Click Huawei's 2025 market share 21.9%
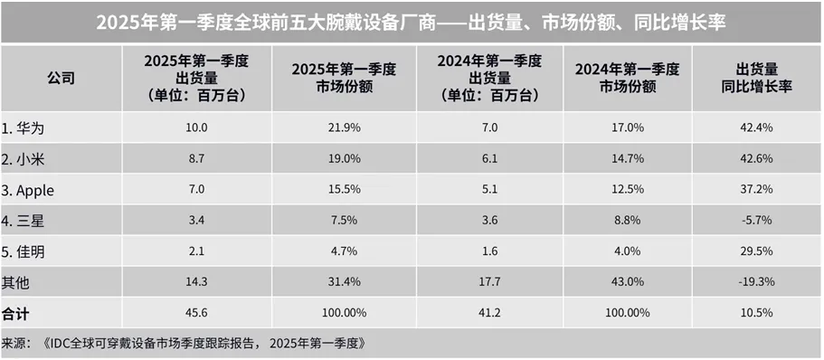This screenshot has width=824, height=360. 342,128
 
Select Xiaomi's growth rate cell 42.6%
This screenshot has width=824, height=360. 755,158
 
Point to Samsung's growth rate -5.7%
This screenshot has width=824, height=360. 755,220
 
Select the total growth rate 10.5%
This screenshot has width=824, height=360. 755,312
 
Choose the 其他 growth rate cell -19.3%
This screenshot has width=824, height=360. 755,282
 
